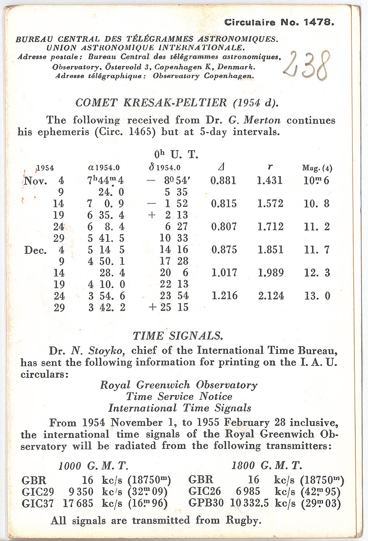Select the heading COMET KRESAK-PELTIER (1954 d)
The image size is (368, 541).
click(x=177, y=103)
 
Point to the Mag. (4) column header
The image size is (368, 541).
click(x=317, y=168)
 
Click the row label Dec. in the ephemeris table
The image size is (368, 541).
click(x=35, y=250)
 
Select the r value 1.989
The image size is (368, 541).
click(x=271, y=273)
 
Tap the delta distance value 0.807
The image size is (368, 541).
click(x=224, y=227)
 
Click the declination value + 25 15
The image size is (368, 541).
click(x=169, y=307)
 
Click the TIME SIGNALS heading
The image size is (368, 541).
click(x=178, y=336)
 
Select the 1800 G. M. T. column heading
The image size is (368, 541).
click(x=267, y=465)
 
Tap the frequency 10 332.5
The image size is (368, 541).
click(x=249, y=503)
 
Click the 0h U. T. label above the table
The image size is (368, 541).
click(x=176, y=154)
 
